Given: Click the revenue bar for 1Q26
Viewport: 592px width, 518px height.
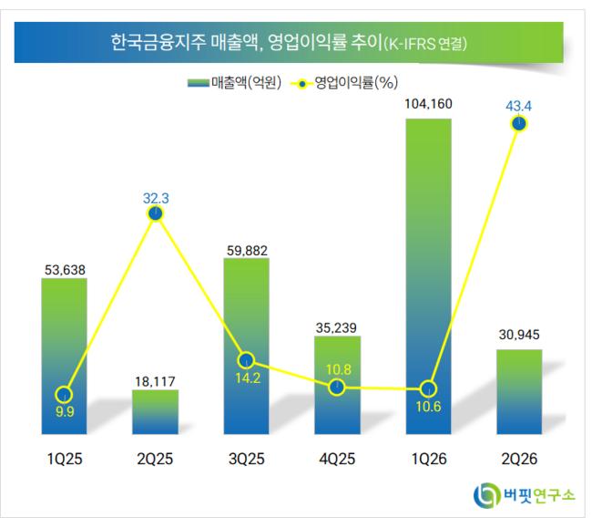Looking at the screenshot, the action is tap(429, 276).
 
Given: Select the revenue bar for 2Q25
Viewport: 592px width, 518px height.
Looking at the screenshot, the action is tap(155, 411).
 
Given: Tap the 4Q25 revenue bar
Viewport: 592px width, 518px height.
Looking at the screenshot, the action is tap(338, 385).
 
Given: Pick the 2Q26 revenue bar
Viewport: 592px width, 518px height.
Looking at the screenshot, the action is tap(519, 392).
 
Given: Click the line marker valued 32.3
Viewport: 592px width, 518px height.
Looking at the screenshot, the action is tap(156, 213).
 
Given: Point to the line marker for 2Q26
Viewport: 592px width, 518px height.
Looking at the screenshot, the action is tap(519, 124).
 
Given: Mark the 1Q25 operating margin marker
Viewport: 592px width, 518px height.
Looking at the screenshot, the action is tap(64, 395).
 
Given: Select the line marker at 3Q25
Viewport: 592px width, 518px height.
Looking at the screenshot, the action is tap(246, 360).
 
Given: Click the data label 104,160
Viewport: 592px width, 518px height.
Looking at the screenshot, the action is tap(429, 104).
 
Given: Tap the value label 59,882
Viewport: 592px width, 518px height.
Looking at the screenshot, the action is tap(247, 251).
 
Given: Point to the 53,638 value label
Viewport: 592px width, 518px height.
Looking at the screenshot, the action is tap(65, 270).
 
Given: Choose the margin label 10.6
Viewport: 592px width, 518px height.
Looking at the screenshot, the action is tap(429, 407).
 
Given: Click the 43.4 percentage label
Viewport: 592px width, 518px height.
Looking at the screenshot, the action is tap(519, 107).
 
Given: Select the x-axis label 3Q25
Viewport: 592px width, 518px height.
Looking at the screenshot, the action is tap(247, 459).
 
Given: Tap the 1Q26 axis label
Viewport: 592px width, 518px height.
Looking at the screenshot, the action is tap(429, 459).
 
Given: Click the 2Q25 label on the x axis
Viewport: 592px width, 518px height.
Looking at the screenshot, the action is tap(155, 459).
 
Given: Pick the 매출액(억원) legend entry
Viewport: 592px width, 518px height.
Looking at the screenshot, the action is tap(234, 82).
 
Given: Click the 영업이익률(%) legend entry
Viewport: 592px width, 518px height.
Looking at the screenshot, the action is tap(344, 82).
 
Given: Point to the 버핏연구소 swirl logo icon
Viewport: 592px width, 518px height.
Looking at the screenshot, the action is tap(486, 494).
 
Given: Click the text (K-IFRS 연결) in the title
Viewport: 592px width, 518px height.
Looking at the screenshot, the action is tap(425, 44).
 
